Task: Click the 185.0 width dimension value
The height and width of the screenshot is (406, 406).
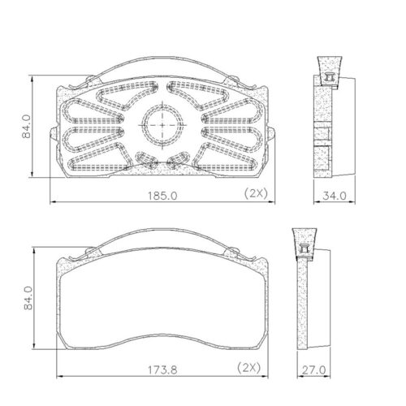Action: [162, 195]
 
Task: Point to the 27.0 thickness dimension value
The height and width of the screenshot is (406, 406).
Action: [311, 369]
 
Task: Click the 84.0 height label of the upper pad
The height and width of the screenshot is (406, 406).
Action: [26, 127]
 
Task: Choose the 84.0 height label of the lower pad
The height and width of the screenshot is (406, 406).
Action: [26, 298]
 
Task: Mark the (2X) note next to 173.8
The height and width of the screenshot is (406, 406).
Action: [249, 369]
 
